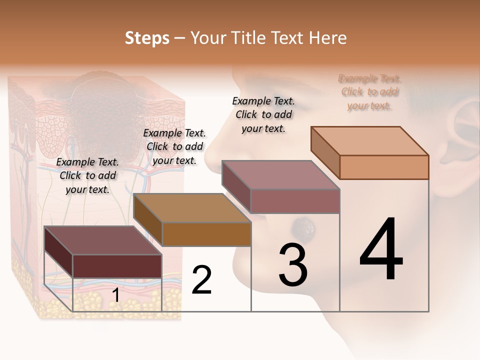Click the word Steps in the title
click(x=147, y=38)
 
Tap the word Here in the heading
click(x=328, y=38)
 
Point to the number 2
click(x=201, y=280)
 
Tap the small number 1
click(x=115, y=295)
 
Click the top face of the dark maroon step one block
click(x=103, y=240)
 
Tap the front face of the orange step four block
click(x=384, y=167)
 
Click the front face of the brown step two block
click(x=206, y=234)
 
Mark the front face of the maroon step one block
click(x=117, y=265)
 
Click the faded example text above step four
click(x=369, y=92)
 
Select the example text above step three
click(x=263, y=114)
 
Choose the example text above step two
click(x=174, y=146)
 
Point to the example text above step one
click(x=87, y=175)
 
